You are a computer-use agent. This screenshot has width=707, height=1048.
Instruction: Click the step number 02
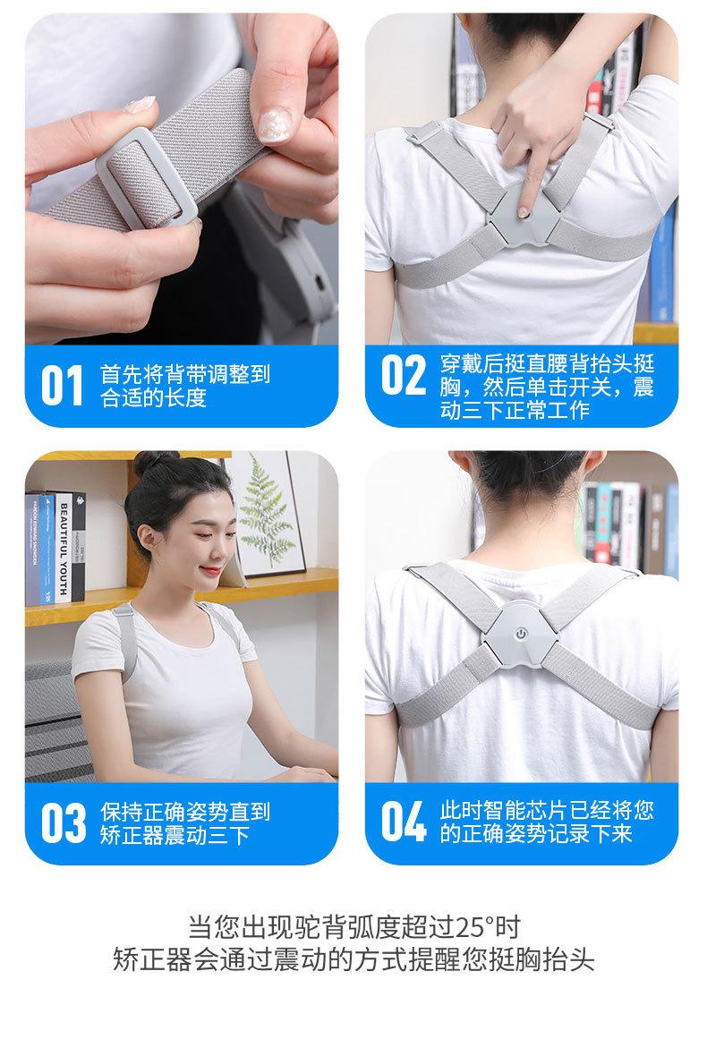[x=404, y=376]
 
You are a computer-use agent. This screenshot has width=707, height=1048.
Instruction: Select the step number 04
[x=405, y=822]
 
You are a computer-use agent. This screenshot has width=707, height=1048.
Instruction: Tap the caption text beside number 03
[x=184, y=823]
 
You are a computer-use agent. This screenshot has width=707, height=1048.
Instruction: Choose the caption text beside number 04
[x=546, y=822]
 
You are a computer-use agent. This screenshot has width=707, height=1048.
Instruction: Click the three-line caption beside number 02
[x=546, y=387]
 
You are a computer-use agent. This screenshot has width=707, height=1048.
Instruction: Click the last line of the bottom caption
[x=353, y=959]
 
